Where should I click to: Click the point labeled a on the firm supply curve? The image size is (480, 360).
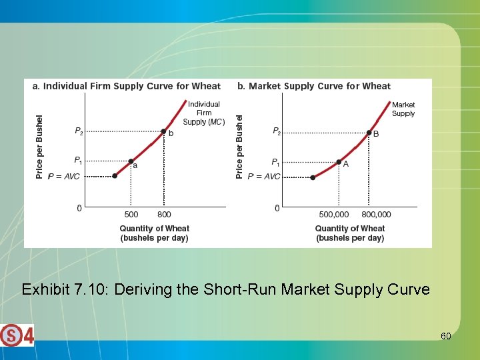131,161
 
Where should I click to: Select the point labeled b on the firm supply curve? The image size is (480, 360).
163,131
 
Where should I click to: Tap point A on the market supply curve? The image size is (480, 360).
339,162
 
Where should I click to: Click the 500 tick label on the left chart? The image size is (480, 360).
131,215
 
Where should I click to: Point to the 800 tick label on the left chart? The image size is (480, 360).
164,215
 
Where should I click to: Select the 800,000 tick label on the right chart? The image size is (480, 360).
376,215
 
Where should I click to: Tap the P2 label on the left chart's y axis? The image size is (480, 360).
79,132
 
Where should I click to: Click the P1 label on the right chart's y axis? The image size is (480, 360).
275,162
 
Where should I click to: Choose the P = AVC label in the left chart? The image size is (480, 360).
63,176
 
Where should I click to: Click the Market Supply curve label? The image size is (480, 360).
403,109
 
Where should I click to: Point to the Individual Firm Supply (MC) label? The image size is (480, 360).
203,113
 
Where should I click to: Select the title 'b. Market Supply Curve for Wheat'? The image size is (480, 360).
314,86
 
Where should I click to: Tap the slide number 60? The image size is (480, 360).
445,336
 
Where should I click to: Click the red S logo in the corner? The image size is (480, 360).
11,335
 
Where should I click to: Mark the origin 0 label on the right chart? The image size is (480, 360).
277,209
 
